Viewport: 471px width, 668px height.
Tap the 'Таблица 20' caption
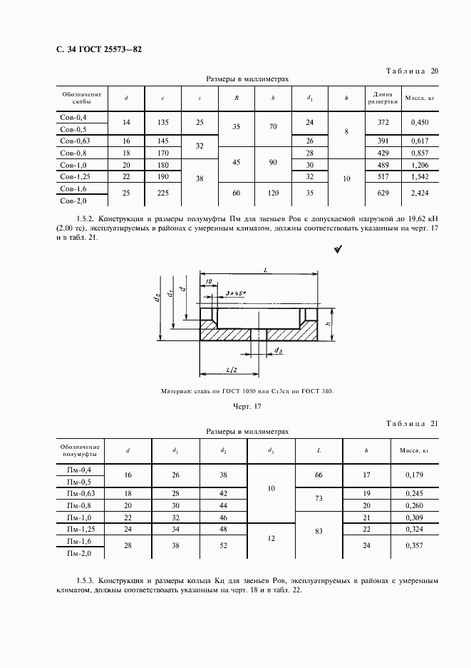412,71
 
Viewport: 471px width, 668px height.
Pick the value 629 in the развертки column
383,192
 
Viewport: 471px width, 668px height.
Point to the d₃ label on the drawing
279,350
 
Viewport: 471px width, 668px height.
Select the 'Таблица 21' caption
412,424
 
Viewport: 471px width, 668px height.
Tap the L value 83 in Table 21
318,532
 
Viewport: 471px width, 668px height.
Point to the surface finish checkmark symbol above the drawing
338,249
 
